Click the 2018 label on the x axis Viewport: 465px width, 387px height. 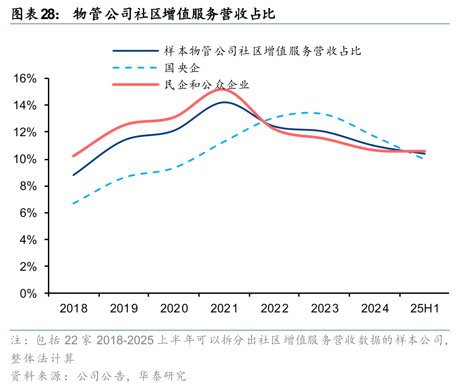point(74,308)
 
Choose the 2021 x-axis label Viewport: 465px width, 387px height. point(224,308)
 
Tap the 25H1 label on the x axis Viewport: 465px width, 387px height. point(425,308)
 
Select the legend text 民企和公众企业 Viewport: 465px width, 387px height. point(207,84)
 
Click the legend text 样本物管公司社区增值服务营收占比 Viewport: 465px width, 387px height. point(263,51)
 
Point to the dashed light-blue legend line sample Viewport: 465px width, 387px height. point(135,68)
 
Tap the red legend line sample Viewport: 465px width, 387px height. point(135,84)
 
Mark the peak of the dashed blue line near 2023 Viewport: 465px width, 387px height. point(306,113)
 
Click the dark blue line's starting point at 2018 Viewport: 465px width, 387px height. point(74,175)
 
